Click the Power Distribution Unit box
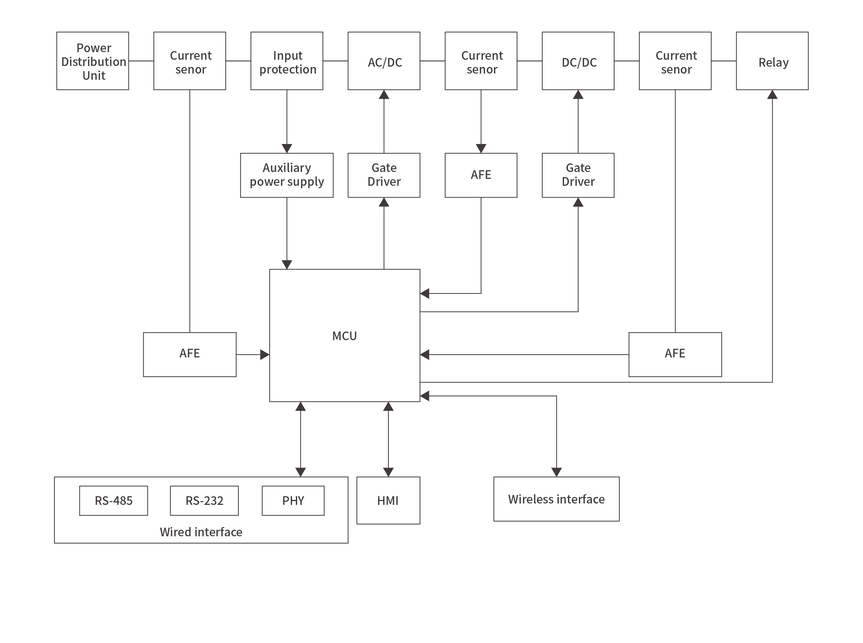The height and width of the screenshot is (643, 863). (x=93, y=61)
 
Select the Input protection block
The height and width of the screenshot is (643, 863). (x=287, y=61)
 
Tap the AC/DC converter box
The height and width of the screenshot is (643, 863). (x=384, y=61)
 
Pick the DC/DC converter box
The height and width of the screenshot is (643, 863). (x=578, y=61)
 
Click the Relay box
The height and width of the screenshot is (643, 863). (x=772, y=61)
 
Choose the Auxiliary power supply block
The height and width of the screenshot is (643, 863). (x=287, y=175)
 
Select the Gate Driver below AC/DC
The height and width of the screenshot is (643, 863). (x=384, y=175)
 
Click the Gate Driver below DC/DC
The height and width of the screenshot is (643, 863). (x=578, y=175)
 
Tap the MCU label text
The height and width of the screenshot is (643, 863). (x=345, y=336)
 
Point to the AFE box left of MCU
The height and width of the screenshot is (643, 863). (x=190, y=354)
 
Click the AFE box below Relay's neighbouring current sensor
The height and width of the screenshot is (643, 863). (x=675, y=354)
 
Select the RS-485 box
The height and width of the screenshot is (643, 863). (x=114, y=500)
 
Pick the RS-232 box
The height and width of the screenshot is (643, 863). (x=204, y=500)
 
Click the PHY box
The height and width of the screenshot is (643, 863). (x=293, y=500)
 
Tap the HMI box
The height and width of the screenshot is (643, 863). (x=388, y=500)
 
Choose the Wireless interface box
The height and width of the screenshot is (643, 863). (x=556, y=499)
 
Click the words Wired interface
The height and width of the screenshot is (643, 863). (x=201, y=532)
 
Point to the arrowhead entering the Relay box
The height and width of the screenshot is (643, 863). (x=772, y=95)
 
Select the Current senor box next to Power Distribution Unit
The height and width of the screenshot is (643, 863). (x=190, y=61)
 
